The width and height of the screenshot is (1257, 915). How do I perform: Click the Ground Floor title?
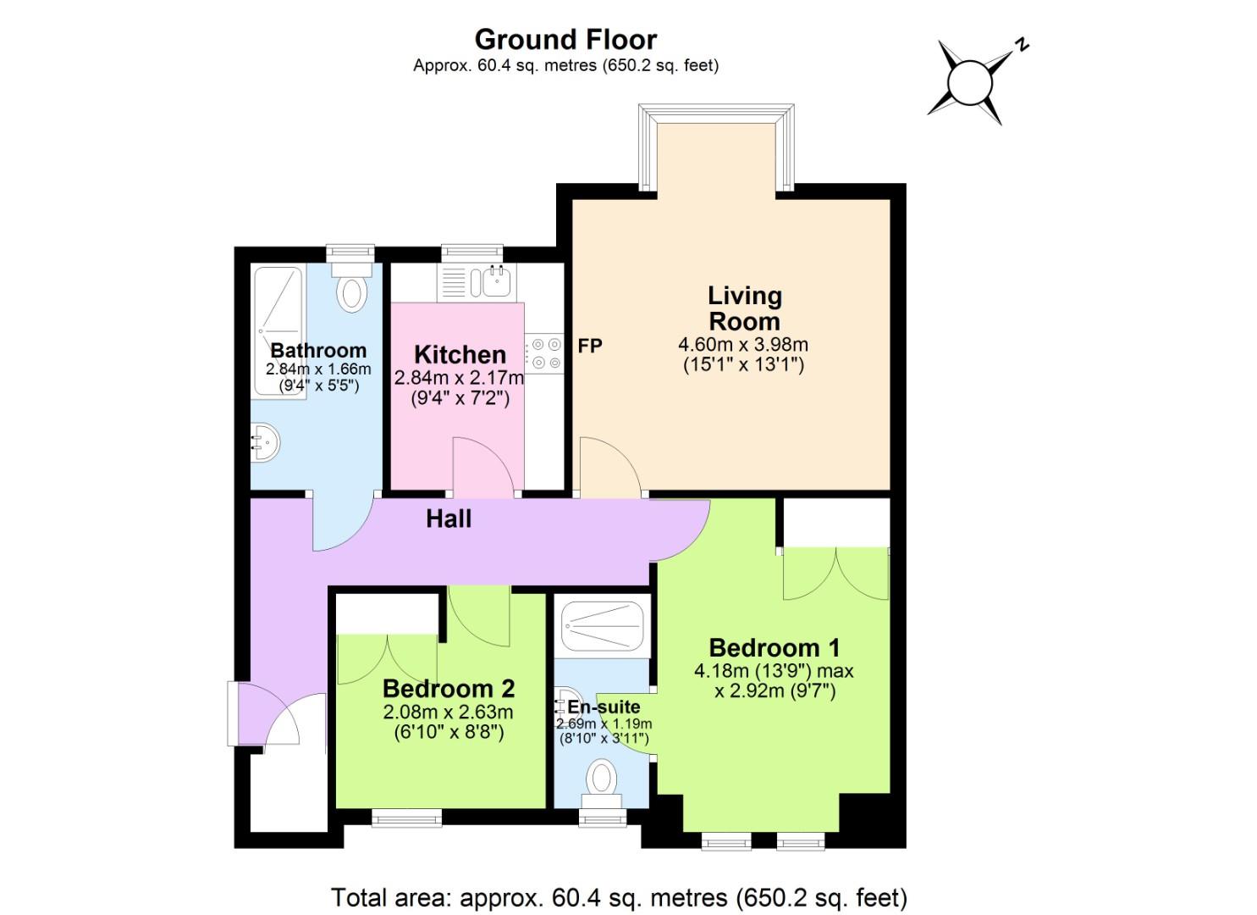point(565,40)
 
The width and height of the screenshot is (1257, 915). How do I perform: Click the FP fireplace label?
point(590,346)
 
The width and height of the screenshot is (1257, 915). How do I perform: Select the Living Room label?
point(744,308)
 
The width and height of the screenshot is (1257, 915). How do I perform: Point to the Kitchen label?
point(460,354)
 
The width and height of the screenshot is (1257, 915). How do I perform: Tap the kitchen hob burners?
point(543,353)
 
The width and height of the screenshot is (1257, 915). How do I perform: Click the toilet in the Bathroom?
point(351,287)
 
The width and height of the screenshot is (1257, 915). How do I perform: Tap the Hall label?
point(449,518)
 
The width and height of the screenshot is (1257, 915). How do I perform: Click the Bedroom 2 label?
point(448,689)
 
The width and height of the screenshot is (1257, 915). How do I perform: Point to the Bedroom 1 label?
point(774,648)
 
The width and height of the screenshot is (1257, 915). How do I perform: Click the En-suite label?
point(604,707)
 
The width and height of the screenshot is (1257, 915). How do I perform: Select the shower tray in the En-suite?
point(603,627)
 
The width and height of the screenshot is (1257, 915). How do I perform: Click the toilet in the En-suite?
point(602,779)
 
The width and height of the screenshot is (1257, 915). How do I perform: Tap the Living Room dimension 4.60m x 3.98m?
point(743,345)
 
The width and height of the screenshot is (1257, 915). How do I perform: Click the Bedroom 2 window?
point(406,818)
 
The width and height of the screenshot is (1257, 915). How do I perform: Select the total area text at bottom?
point(619,896)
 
